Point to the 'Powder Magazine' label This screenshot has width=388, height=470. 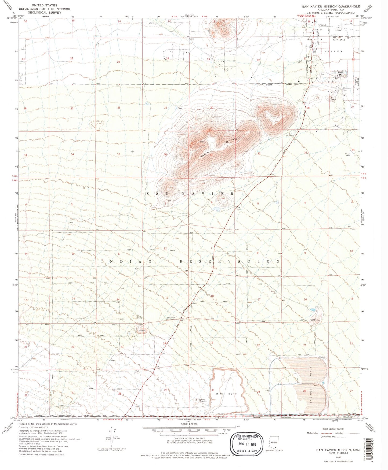(203, 400)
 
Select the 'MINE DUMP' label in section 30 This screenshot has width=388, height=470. (227, 394)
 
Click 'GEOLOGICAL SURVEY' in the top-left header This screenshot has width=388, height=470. (44, 12)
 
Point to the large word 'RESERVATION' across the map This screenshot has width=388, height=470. (230, 261)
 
